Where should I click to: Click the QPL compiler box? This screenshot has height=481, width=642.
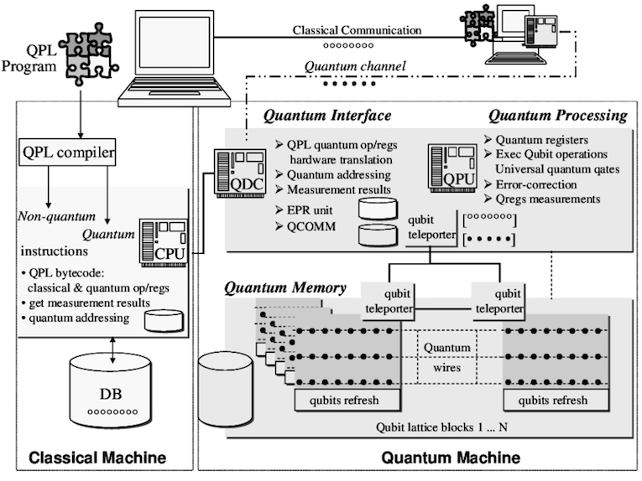click(65, 153)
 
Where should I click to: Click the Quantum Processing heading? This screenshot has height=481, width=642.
click(557, 115)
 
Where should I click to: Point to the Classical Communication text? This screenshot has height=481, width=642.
click(357, 30)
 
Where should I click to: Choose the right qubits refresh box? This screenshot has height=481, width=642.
click(552, 399)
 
